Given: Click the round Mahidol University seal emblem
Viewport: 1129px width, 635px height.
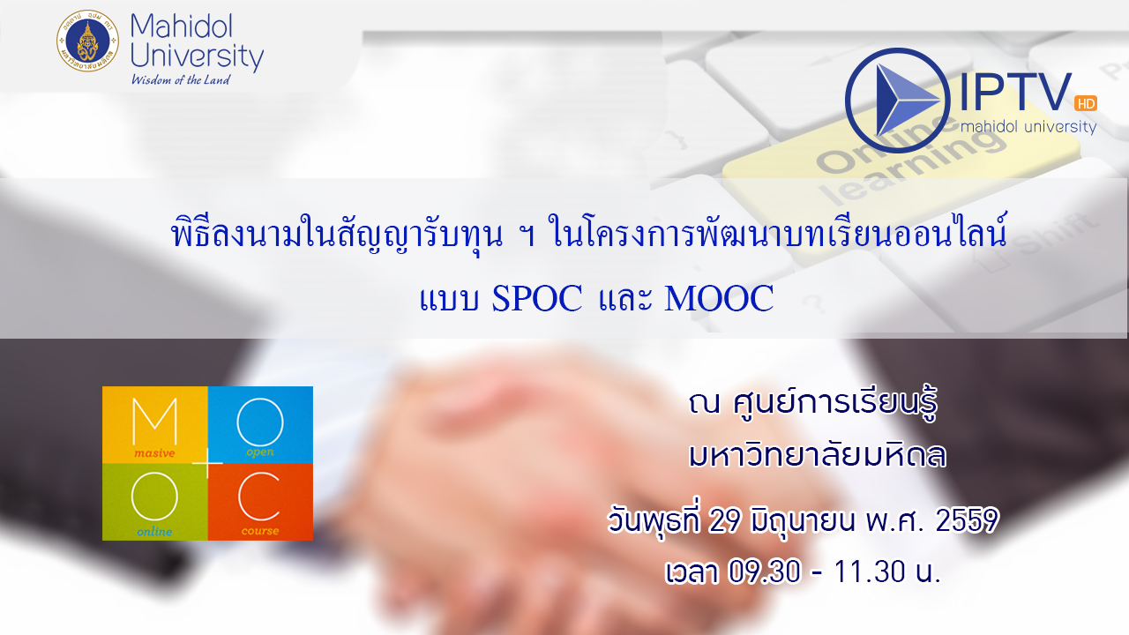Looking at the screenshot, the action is point(87,41).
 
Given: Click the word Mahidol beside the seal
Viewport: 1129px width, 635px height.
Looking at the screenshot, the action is point(182,26).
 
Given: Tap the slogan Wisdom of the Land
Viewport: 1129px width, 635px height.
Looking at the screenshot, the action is point(181,79).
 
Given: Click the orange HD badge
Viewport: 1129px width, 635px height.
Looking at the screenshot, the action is point(1086,103).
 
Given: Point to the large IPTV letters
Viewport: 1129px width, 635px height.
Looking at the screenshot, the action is point(1015,93).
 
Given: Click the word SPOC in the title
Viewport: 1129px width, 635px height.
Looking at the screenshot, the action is point(537,298).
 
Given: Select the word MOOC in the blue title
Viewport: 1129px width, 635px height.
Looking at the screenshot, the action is point(719,298).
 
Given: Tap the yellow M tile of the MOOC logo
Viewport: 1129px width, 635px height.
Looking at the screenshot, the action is point(154,425).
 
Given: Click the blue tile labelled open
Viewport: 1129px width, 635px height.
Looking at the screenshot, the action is point(260,425).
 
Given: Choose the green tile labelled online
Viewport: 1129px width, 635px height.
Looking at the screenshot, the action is point(154,502).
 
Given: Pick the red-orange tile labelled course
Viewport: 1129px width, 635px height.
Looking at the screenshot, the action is point(260,502).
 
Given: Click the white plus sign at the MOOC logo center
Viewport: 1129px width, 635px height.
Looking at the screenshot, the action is point(207,463).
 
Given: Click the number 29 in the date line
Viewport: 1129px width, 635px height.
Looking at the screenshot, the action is point(724,520).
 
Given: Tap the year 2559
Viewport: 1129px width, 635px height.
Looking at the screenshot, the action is point(967,520).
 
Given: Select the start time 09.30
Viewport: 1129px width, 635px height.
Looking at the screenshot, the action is point(764,572).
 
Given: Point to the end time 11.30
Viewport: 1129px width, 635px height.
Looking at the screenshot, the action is point(869,572).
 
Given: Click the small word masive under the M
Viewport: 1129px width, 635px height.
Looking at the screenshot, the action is point(154,453).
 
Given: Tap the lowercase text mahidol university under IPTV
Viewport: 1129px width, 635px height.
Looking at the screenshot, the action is point(1028,126).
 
